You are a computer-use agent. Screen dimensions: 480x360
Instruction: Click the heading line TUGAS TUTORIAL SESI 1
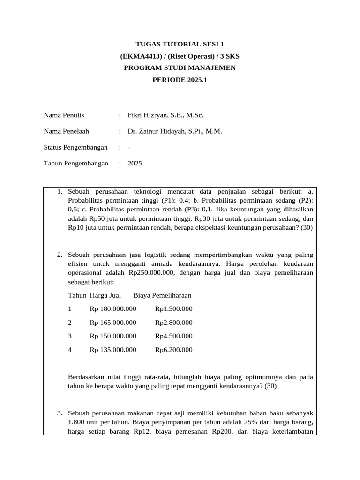[x=180, y=44]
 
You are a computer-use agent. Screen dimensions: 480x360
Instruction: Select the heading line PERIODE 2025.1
[x=180, y=80]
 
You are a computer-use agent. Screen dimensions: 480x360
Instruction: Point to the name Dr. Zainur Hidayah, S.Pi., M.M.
[x=174, y=131]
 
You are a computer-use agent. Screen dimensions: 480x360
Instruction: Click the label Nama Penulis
[x=64, y=115]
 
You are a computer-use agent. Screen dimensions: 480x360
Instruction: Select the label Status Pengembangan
[x=75, y=147]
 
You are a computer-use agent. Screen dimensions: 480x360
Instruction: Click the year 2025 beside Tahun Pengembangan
[x=135, y=164]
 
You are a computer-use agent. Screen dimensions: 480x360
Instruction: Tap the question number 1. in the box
[x=60, y=191]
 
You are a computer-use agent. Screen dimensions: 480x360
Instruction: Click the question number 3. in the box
[x=60, y=413]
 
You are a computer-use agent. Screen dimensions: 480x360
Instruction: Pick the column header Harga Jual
[x=105, y=295]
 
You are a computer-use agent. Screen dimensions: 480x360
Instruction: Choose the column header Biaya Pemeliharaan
[x=162, y=295]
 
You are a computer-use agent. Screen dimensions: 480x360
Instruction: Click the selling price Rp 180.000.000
[x=113, y=309]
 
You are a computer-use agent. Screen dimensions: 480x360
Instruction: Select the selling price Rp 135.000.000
[x=113, y=350]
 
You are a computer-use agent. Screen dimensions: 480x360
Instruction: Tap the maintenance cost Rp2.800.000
[x=173, y=322]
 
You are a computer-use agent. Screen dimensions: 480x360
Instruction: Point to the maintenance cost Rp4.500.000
[x=173, y=336]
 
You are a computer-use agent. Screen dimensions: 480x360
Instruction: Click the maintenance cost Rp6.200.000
[x=173, y=350]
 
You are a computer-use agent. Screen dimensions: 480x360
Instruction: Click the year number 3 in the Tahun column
[x=70, y=336]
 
